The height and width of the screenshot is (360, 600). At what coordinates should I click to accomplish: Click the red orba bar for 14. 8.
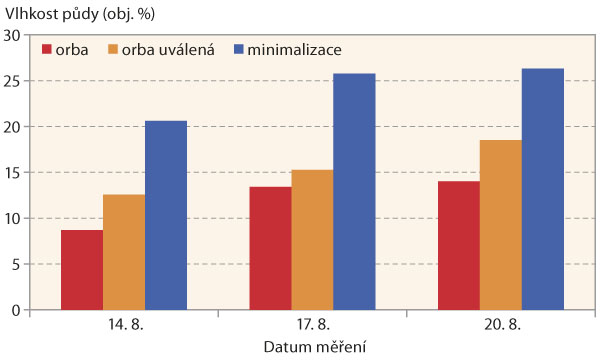click(82, 270)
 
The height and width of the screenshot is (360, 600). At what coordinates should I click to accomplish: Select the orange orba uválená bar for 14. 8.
click(124, 252)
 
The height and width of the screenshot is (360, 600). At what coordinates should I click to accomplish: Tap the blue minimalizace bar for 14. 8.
click(166, 215)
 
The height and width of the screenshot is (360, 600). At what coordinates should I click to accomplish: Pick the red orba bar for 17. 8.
click(270, 248)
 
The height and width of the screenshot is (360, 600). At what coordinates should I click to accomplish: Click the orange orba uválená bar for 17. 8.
click(312, 240)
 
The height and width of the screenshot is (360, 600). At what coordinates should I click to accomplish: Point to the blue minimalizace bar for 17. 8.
click(354, 192)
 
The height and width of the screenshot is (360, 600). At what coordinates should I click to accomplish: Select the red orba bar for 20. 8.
click(459, 245)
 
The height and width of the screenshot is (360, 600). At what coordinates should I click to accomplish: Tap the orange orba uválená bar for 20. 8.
click(500, 225)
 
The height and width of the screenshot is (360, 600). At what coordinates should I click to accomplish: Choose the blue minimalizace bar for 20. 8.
click(542, 189)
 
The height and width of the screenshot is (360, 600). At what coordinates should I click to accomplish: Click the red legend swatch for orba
click(47, 49)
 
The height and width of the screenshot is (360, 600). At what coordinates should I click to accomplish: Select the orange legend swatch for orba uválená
click(112, 49)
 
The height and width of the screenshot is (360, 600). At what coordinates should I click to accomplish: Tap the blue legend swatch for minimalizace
click(239, 49)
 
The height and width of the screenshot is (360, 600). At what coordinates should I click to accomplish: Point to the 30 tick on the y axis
click(13, 35)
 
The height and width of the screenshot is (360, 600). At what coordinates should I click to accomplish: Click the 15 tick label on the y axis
click(13, 173)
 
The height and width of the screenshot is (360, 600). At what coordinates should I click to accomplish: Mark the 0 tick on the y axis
click(17, 310)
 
